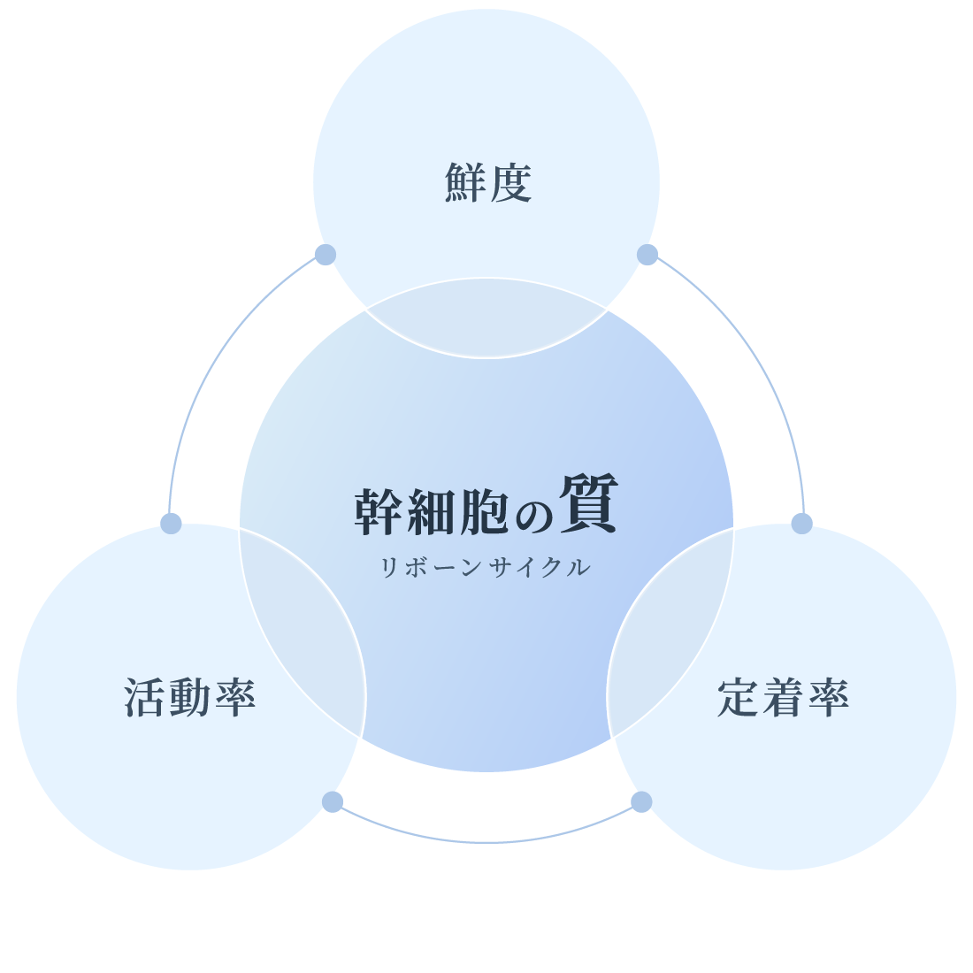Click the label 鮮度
487,183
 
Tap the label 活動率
190,697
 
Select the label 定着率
783,697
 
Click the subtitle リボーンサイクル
485,568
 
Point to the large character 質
588,504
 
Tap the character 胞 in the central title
485,512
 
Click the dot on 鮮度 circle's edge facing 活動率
326,255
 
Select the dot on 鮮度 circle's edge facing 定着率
647,255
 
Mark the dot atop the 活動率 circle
171,524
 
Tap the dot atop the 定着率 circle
801,524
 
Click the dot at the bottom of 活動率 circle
332,801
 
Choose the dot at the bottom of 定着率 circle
641,801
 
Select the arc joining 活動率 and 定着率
486,842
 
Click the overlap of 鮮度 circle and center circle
486,318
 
